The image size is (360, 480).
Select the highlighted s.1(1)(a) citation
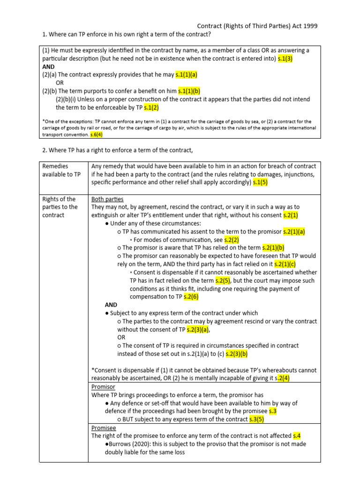[x=187, y=75]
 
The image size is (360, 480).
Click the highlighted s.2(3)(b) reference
[x=237, y=353]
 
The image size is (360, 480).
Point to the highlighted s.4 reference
[x=296, y=435]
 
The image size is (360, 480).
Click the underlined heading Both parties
[x=107, y=199]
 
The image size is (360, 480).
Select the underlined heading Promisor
[x=103, y=387]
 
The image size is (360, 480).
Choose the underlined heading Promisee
[x=104, y=427]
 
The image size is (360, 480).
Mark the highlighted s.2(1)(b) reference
[x=273, y=247]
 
